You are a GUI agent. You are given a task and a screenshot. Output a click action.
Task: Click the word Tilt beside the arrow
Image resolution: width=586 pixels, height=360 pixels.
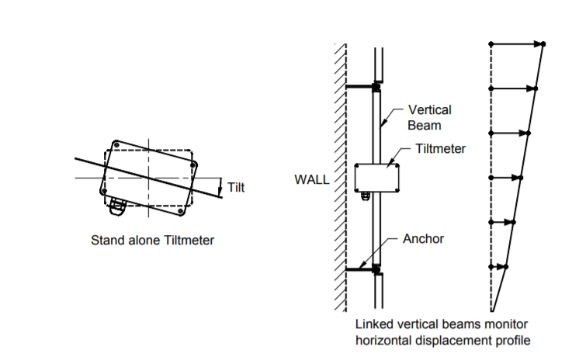[236, 187]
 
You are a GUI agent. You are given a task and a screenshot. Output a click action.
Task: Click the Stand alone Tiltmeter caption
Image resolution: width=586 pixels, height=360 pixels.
[153, 241]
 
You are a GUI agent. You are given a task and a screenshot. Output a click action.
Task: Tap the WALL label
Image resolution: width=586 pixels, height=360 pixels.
[312, 179]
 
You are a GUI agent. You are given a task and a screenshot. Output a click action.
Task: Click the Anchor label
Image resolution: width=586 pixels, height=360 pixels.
[423, 238]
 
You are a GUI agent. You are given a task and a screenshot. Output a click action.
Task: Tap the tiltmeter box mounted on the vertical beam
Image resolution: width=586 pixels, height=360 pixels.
[377, 177]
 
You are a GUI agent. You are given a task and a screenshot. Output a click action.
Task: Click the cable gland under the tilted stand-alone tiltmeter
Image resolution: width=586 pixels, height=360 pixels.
[117, 205]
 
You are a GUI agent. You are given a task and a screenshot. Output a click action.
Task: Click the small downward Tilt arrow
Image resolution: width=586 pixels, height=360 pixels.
[220, 186]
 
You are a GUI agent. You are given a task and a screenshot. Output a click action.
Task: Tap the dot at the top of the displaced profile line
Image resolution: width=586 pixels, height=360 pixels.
[543, 43]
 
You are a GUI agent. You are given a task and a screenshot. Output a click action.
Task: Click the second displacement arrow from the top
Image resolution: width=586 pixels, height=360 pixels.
[513, 88]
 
